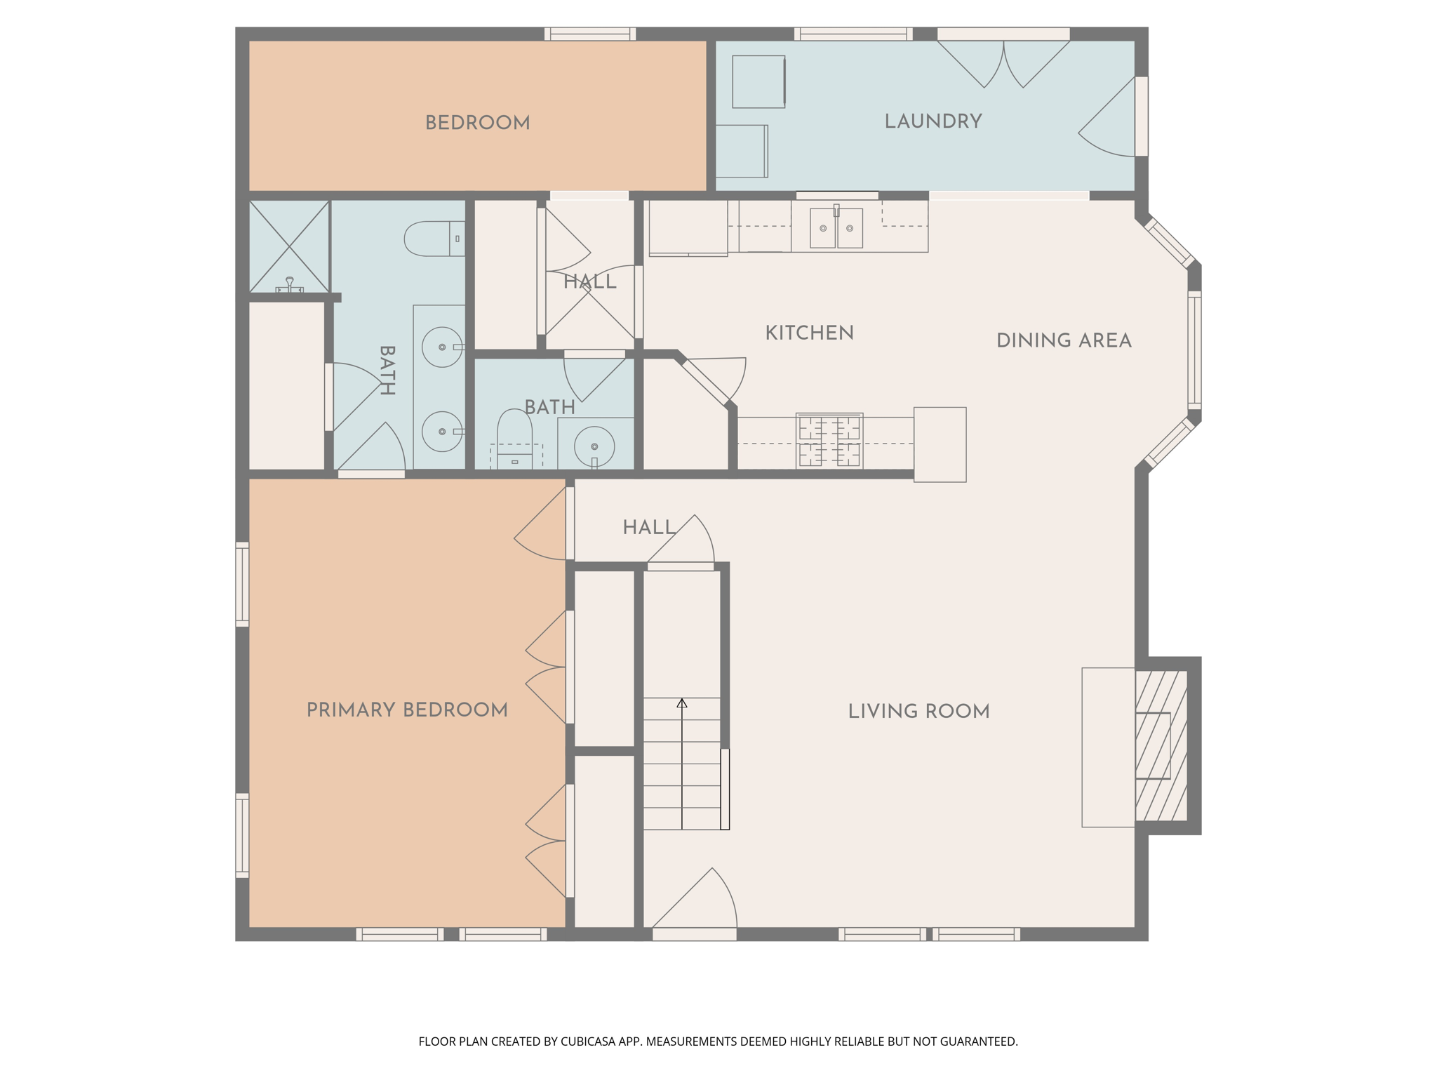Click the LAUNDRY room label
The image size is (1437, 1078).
[933, 122]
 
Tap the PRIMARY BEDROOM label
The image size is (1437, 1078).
[407, 710]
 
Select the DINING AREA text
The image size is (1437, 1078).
[1064, 341]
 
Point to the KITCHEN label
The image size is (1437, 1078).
[809, 333]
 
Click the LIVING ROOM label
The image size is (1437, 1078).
[918, 712]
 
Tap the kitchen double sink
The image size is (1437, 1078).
[836, 227]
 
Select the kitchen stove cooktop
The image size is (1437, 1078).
[829, 441]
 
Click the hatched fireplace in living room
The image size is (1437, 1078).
[1161, 745]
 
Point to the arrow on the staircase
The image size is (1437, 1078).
[682, 764]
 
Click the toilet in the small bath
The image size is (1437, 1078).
[515, 439]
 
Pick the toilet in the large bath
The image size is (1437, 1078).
[434, 239]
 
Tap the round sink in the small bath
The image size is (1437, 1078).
[594, 446]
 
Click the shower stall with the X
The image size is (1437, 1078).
[289, 246]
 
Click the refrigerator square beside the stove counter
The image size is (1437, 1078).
[940, 444]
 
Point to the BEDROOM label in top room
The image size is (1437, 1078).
[477, 124]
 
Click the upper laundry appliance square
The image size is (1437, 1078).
[758, 82]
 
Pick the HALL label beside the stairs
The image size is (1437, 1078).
[649, 528]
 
